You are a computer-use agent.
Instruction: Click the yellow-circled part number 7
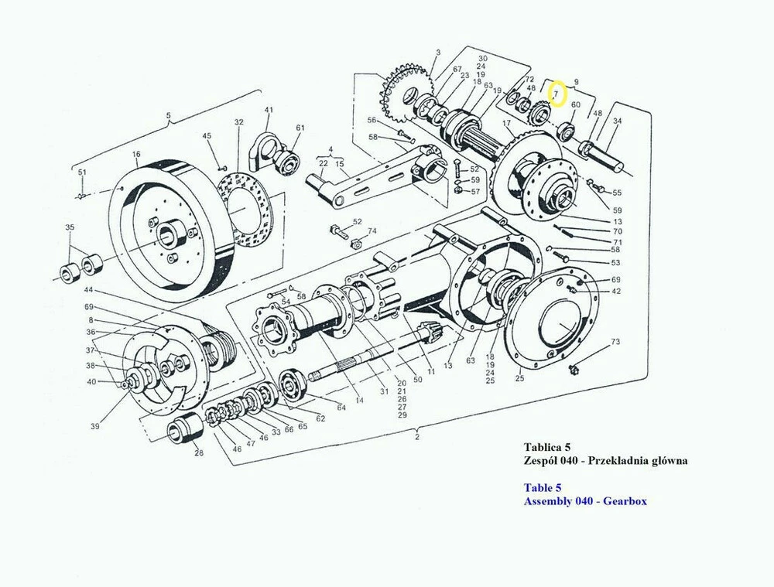coord(557,94)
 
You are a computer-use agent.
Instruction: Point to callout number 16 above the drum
coord(136,155)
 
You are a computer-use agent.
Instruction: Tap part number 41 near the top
coord(269,110)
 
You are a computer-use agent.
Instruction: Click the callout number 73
coord(615,341)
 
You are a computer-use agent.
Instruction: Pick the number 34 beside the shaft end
coord(617,121)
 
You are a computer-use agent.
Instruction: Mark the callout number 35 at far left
coord(70,227)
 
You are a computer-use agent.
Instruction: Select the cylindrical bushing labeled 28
coord(183,430)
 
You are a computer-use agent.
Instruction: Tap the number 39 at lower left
coord(95,426)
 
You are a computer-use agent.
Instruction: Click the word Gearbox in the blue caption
coord(622,501)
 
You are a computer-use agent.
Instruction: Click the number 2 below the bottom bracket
coord(416,438)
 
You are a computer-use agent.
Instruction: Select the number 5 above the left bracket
coord(169,118)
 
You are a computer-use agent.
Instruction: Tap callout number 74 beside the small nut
coord(372,231)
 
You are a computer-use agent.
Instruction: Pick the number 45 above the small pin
coord(207,137)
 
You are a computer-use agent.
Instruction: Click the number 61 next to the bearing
coord(300,128)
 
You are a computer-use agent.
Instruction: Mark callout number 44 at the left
coord(88,290)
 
